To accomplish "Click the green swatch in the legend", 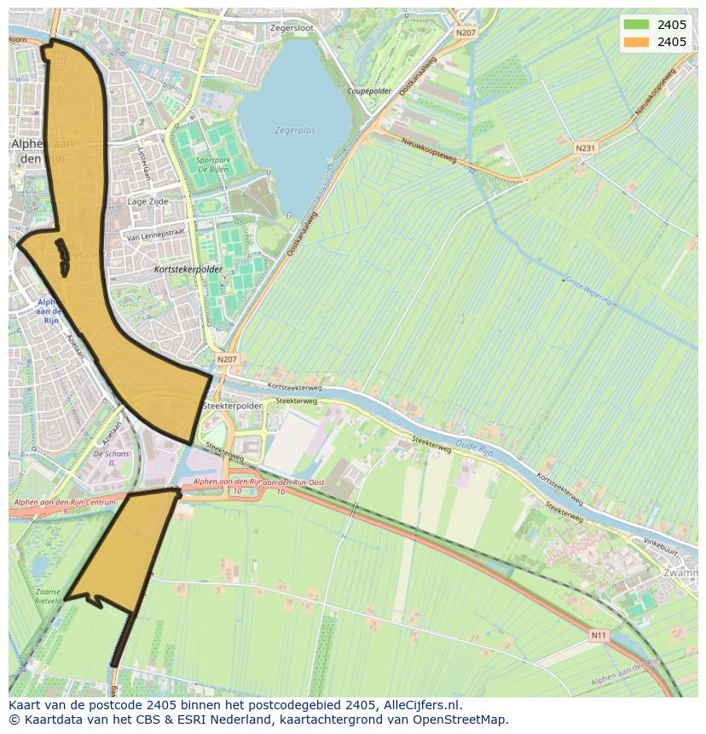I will pos(636,25).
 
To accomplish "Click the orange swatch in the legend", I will pos(636,42).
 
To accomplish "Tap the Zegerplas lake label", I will pos(295,130).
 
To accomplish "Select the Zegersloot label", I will pos(292,28).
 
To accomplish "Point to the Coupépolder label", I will pos(369,90).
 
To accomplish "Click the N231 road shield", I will pos(585,147).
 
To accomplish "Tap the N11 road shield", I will pos(599,635).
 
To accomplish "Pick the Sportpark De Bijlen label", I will pos(212,165).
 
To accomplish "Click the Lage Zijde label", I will pos(148,202).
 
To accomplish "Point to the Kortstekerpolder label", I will pos(188,269).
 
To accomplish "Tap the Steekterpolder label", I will pos(233,407).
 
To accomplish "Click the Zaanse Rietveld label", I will pos(48,596).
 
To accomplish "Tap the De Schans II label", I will pos(112,459).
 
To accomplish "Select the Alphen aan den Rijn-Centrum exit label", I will pos(63,503).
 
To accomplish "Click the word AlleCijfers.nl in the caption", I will pos(421,705).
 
